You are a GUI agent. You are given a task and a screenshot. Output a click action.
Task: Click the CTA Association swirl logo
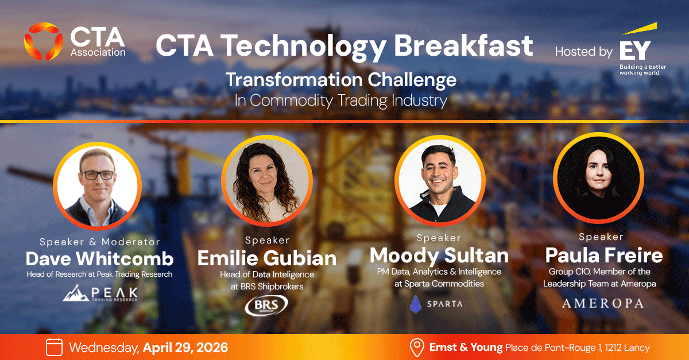44,41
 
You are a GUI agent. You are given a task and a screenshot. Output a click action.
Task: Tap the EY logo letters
635,50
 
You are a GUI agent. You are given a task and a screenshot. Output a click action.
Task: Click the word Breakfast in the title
463,45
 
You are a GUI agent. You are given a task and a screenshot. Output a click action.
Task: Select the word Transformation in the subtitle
295,80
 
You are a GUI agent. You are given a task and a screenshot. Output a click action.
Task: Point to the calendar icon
54,347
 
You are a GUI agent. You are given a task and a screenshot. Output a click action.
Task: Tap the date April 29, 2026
185,348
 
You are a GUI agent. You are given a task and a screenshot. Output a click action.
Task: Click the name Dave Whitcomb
100,259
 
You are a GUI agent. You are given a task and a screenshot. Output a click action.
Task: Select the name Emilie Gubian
267,258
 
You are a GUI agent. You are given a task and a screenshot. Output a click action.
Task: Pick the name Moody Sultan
439,256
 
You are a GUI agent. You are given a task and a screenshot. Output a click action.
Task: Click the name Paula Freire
604,256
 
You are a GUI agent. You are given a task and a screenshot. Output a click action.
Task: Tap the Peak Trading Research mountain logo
100,293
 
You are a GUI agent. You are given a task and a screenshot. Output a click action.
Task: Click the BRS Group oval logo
266,305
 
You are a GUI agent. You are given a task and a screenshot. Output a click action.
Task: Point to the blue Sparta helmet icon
416,304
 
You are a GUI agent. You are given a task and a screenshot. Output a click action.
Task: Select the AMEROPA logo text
603,304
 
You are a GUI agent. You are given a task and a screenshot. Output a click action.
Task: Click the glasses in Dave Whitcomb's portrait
97,175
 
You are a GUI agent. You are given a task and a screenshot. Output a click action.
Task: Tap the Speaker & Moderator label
100,242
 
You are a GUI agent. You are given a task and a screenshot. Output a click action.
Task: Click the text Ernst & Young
466,347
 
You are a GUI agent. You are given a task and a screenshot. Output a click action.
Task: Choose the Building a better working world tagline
642,70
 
